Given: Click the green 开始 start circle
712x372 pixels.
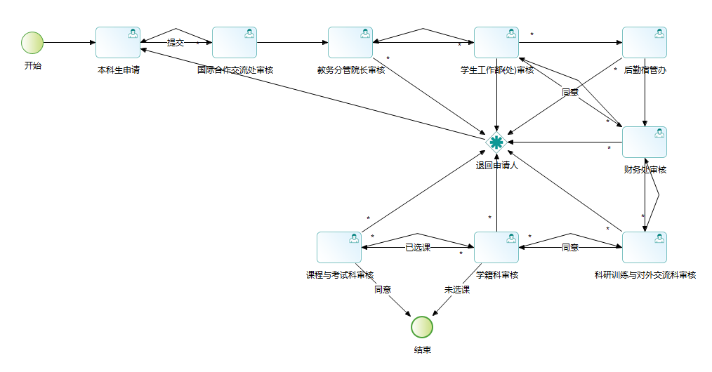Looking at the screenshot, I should [32, 43].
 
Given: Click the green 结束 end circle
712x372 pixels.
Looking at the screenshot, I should [422, 326].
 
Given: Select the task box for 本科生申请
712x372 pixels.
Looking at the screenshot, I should [118, 43].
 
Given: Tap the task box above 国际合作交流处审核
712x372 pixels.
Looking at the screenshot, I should [235, 43].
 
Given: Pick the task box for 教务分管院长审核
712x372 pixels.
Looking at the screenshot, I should [350, 43].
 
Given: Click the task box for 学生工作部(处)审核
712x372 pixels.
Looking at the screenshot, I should [496, 43].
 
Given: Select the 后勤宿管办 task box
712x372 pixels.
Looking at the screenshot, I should [645, 43].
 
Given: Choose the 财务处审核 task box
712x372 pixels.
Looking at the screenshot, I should [645, 142].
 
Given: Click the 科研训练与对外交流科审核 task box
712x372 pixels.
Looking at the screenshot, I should [645, 247].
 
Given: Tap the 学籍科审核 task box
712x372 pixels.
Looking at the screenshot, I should [496, 247].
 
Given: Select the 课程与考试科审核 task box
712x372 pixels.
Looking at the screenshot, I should [339, 247].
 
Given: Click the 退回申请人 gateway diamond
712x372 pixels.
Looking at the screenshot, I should [496, 142].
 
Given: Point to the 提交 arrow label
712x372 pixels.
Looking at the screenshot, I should [176, 43].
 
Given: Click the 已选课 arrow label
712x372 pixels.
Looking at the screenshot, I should [418, 247].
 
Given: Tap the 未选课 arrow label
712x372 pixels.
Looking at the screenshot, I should [457, 289].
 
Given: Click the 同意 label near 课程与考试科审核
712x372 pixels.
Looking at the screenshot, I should [383, 289].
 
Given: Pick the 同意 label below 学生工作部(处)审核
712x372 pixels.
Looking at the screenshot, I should [569, 93].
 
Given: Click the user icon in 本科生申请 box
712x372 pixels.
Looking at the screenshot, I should [132, 33].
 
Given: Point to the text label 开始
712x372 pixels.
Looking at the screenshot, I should [32, 66].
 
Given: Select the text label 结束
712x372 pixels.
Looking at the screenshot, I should [422, 350].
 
